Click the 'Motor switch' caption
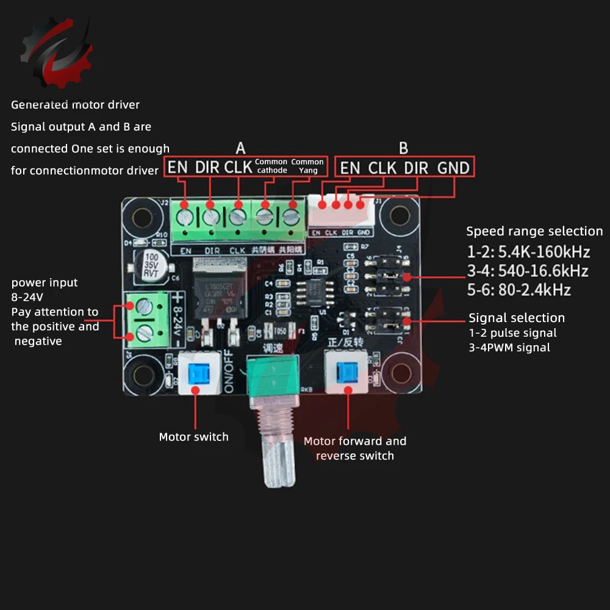[193, 437]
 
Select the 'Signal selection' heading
[517, 318]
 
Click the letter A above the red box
[241, 148]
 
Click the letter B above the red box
[403, 148]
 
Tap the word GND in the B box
[453, 168]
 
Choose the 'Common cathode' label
[271, 166]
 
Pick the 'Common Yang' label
[307, 166]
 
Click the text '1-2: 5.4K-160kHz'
[528, 251]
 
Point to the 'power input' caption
[45, 282]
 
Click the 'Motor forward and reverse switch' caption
[355, 448]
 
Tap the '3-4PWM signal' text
[509, 348]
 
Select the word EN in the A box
[178, 167]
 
